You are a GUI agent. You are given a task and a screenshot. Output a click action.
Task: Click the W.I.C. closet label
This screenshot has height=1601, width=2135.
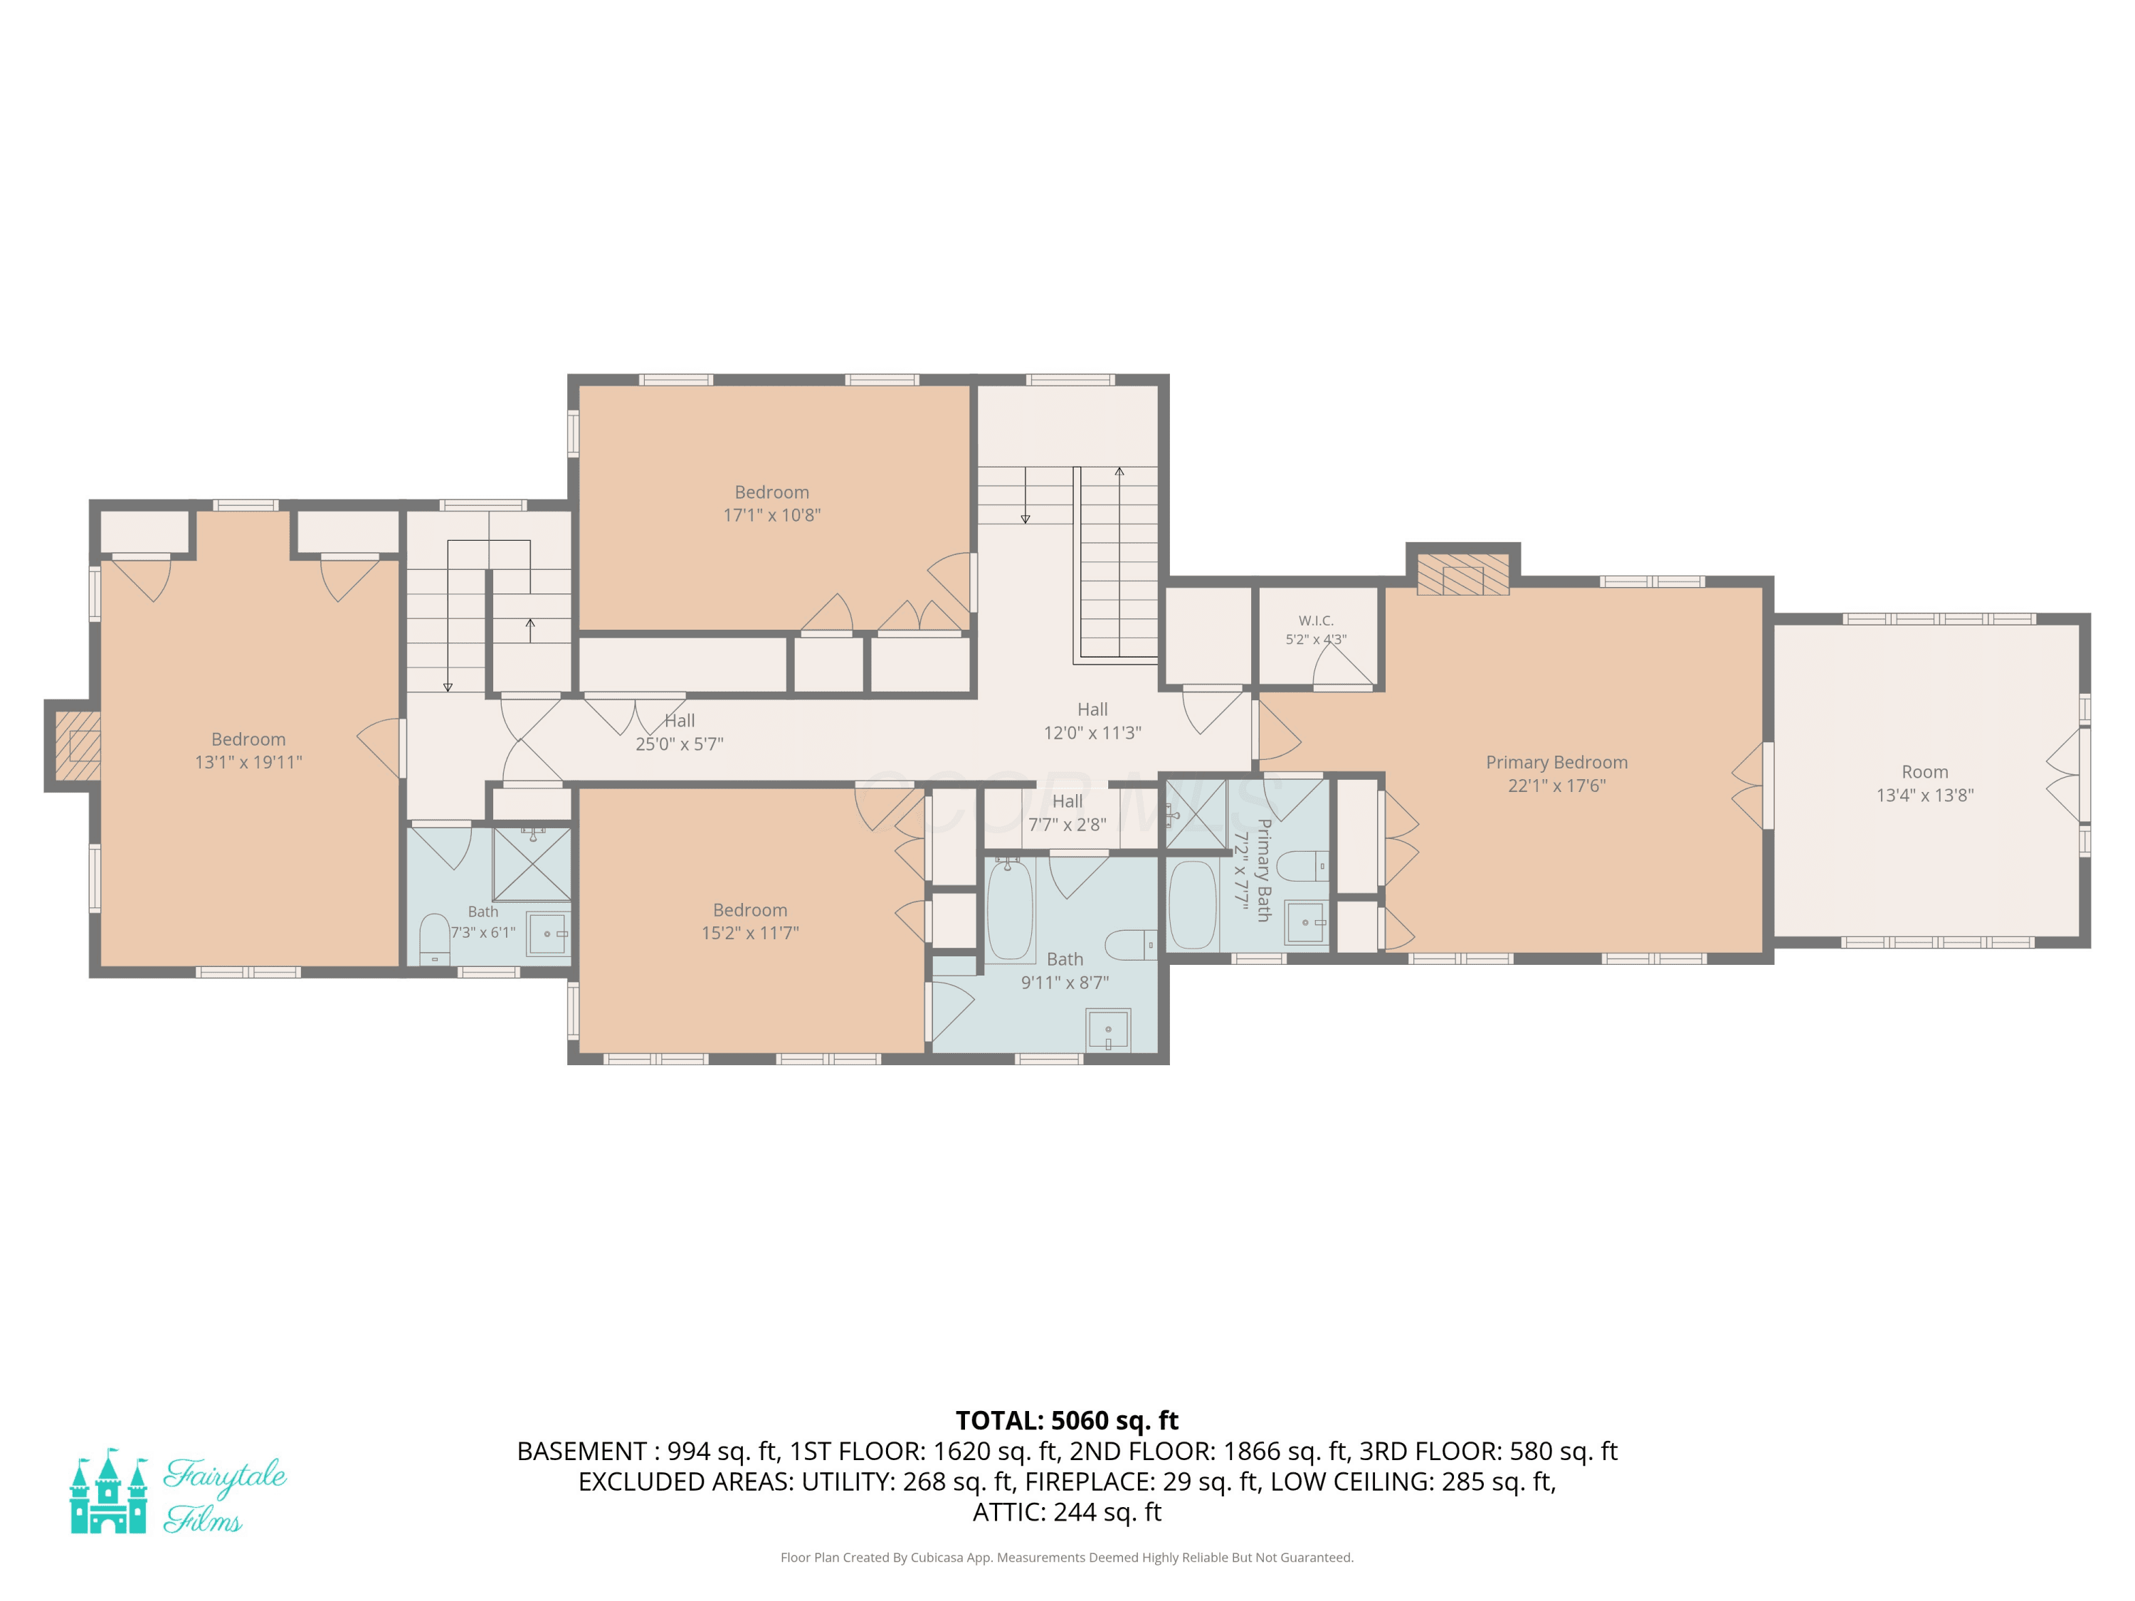coord(1316,620)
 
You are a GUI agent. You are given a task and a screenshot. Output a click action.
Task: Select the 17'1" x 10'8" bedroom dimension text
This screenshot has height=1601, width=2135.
coord(772,515)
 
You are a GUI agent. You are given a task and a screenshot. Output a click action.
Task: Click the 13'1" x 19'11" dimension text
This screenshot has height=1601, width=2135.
coord(248,762)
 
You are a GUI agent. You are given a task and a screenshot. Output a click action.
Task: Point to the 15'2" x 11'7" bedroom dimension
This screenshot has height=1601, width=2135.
coord(750,933)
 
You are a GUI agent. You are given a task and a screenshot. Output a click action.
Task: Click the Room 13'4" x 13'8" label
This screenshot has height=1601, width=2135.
coord(1924,783)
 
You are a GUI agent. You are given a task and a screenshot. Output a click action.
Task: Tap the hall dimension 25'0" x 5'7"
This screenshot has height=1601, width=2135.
coord(680,744)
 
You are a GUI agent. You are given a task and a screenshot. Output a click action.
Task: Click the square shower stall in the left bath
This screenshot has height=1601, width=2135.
coord(532,865)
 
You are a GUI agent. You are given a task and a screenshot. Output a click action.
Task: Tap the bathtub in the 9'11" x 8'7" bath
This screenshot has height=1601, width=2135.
coord(1010,909)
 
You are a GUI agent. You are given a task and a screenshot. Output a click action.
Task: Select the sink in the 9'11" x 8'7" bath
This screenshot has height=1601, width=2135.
coord(1108,1030)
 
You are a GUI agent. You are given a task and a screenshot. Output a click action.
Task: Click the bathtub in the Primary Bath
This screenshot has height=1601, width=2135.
coord(1193,905)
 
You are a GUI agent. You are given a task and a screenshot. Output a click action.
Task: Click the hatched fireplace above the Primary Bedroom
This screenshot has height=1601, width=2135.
coord(1462,574)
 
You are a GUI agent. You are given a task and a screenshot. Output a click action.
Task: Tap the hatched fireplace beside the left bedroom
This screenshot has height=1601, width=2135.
coord(77,746)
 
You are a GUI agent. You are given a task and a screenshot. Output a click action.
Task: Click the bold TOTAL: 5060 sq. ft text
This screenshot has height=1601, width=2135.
coord(1067,1420)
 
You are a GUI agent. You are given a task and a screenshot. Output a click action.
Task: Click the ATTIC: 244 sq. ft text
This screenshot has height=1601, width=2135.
coord(1067,1512)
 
